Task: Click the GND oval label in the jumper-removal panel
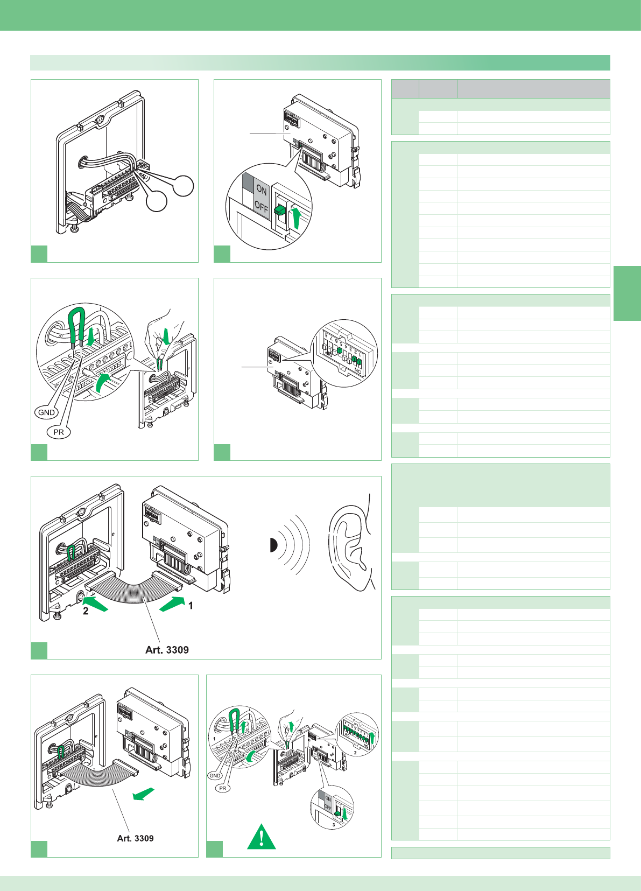pyautogui.click(x=46, y=412)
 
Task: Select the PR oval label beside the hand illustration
pyautogui.click(x=59, y=432)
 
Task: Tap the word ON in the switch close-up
pyautogui.click(x=262, y=190)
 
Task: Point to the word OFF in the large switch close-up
pyautogui.click(x=262, y=206)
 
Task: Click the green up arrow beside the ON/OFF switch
pyautogui.click(x=295, y=218)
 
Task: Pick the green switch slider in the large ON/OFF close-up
pyautogui.click(x=280, y=211)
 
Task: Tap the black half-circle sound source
pyautogui.click(x=273, y=545)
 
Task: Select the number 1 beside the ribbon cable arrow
pyautogui.click(x=191, y=606)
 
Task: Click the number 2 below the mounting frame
pyautogui.click(x=86, y=611)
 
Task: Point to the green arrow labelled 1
pyautogui.click(x=172, y=604)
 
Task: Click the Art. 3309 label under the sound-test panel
pyautogui.click(x=167, y=650)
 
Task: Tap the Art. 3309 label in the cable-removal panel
pyautogui.click(x=135, y=838)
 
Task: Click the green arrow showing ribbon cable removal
pyautogui.click(x=144, y=794)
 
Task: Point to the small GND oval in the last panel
pyautogui.click(x=215, y=776)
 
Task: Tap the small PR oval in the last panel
pyautogui.click(x=222, y=788)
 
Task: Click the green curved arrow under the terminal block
pyautogui.click(x=103, y=384)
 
